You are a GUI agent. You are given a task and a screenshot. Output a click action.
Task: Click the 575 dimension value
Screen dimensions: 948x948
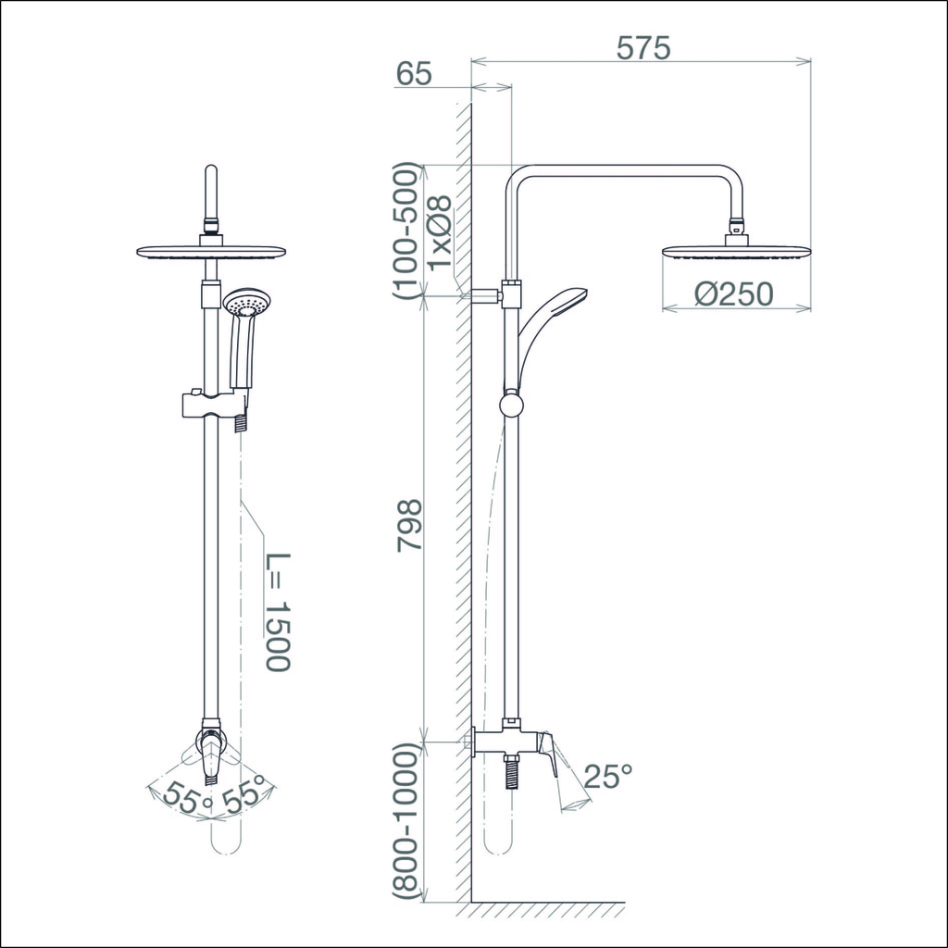pos(643,48)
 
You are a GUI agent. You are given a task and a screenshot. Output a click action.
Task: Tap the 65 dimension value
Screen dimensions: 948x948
pos(414,74)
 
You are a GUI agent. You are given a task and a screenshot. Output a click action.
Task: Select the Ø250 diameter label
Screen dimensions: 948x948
pos(733,293)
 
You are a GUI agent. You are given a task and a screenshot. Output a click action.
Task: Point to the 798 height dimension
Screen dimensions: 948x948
pos(408,525)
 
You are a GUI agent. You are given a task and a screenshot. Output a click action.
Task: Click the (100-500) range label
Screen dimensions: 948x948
pos(405,231)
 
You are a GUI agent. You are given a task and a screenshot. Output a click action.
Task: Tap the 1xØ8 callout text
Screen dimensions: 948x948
pos(441,232)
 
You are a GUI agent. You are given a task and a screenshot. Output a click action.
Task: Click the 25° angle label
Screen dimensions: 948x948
pos(608,776)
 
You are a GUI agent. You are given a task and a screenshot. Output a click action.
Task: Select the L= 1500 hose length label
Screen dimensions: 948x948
pos(278,611)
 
